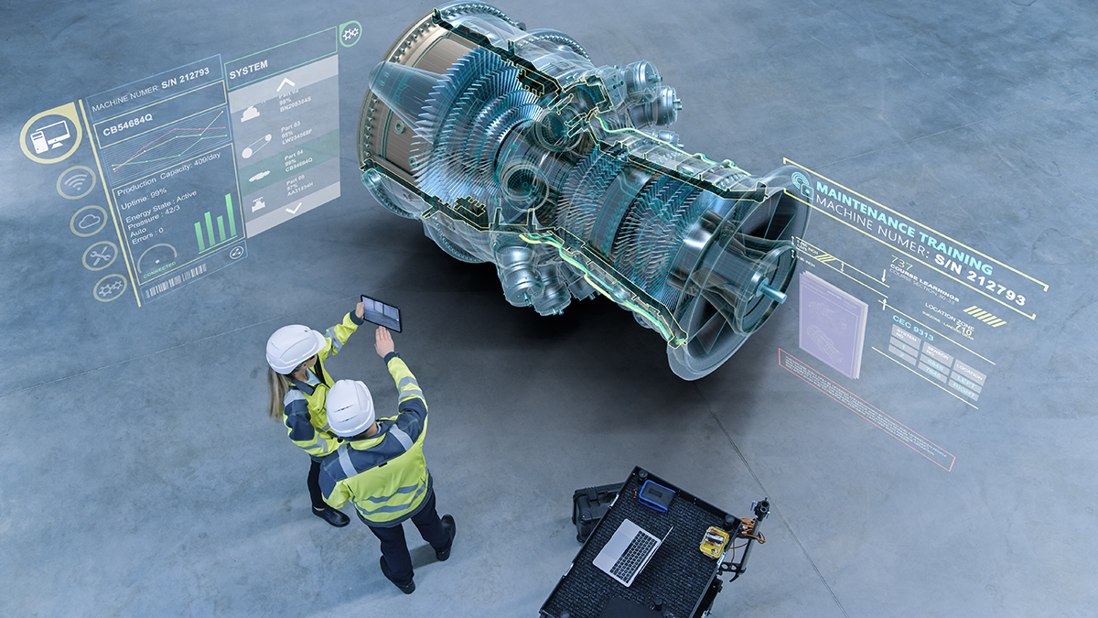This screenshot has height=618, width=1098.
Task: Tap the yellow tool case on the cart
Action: coord(714,541)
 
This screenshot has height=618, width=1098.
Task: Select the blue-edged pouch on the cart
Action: coord(656,494)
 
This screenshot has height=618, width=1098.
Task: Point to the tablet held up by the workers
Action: coord(381,312)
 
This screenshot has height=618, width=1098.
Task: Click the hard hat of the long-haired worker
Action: coord(294,348)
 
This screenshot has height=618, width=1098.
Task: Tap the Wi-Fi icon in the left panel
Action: coord(76,182)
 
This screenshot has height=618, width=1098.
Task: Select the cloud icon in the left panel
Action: coord(88,221)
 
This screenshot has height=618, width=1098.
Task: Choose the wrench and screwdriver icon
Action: coord(100,255)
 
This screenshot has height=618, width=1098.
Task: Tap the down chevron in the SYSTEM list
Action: coord(293,209)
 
